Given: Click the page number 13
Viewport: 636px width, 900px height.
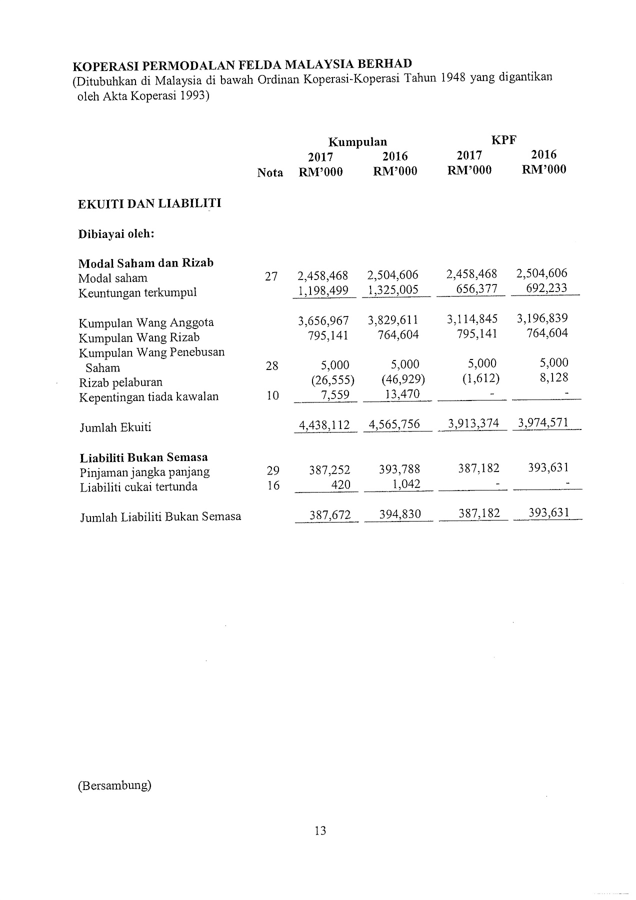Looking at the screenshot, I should (x=320, y=830).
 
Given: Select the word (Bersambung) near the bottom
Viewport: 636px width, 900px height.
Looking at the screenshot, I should (x=114, y=785).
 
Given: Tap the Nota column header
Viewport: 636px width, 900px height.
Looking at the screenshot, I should (x=270, y=173).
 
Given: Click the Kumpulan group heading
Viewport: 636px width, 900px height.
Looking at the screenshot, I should (x=357, y=142).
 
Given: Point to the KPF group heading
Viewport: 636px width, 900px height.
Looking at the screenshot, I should (x=503, y=140).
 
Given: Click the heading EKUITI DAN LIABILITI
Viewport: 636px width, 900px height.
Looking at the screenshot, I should (x=149, y=203).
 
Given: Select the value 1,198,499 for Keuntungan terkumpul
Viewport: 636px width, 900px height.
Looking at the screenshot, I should (x=323, y=290).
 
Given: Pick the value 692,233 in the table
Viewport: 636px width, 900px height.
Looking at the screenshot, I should (x=546, y=288).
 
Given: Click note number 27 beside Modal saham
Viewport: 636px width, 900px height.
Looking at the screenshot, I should (x=271, y=276).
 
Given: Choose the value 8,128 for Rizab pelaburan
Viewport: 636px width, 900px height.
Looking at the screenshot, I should (x=554, y=377).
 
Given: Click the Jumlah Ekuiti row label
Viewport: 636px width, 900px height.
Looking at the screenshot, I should (x=115, y=427).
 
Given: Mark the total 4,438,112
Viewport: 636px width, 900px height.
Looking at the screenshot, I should (x=324, y=425).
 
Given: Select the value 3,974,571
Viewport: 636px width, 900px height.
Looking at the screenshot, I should (x=543, y=423).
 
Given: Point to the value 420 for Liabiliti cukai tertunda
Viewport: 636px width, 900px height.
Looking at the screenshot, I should (x=341, y=484).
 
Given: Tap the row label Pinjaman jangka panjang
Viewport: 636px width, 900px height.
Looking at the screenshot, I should (x=145, y=472).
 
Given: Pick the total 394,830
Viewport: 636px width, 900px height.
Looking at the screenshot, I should (x=399, y=514).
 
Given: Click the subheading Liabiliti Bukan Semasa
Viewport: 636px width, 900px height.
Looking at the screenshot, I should (x=144, y=457).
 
